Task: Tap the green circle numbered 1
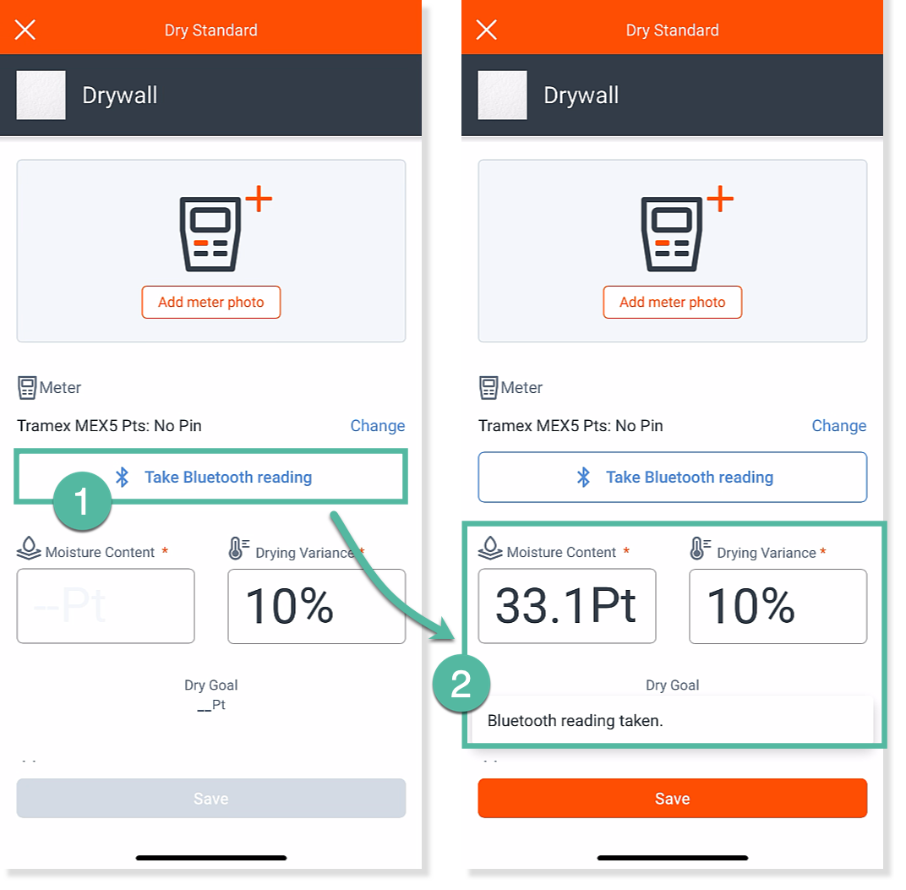pyautogui.click(x=82, y=500)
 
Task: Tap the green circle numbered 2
pyautogui.click(x=461, y=683)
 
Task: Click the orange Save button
pyautogui.click(x=672, y=798)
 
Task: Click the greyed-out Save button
pyautogui.click(x=211, y=798)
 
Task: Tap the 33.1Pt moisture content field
pyautogui.click(x=567, y=606)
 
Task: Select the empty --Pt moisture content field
pyautogui.click(x=106, y=606)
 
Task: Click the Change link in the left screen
pyautogui.click(x=377, y=426)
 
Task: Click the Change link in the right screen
pyautogui.click(x=839, y=426)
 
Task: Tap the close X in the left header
pyautogui.click(x=25, y=30)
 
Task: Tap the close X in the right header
pyautogui.click(x=487, y=30)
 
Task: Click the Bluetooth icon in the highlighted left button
pyautogui.click(x=122, y=477)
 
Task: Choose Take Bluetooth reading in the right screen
pyautogui.click(x=673, y=477)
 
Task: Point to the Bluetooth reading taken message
pyautogui.click(x=575, y=721)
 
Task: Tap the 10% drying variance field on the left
pyautogui.click(x=317, y=606)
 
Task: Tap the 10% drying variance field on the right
pyautogui.click(x=778, y=606)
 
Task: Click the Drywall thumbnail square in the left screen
pyautogui.click(x=41, y=96)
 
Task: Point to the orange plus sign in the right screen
pyautogui.click(x=720, y=199)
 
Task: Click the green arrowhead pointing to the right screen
pyautogui.click(x=444, y=630)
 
